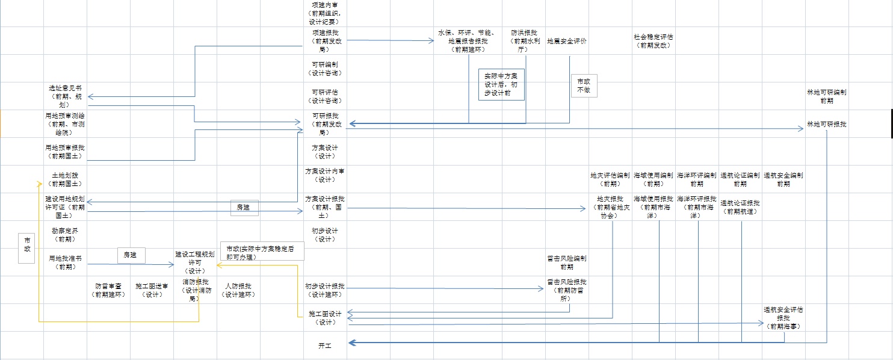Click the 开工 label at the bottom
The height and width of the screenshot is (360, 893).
coord(325,346)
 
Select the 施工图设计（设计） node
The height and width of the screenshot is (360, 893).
coord(325,318)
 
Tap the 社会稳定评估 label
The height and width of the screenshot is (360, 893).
coord(653,41)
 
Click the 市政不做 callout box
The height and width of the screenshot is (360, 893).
coord(584,85)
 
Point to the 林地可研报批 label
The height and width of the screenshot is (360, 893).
coord(826,124)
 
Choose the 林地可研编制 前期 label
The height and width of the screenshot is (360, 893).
coord(826,97)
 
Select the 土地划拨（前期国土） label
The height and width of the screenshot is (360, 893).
coord(65,179)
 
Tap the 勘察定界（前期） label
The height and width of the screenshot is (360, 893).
coord(65,235)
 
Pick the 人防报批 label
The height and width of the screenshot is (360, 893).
coord(238,290)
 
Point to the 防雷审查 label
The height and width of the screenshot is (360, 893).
coord(108,290)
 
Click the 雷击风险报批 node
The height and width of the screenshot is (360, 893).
coord(566,290)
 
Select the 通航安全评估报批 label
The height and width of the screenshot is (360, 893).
coord(783,318)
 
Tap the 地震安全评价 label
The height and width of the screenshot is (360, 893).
coord(566,42)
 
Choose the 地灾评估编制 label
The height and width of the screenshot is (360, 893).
coord(610,179)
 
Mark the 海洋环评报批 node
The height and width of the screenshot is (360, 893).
coord(696,206)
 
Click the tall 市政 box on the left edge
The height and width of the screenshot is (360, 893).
coord(27,248)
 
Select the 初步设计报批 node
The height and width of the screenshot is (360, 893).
coord(325,290)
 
